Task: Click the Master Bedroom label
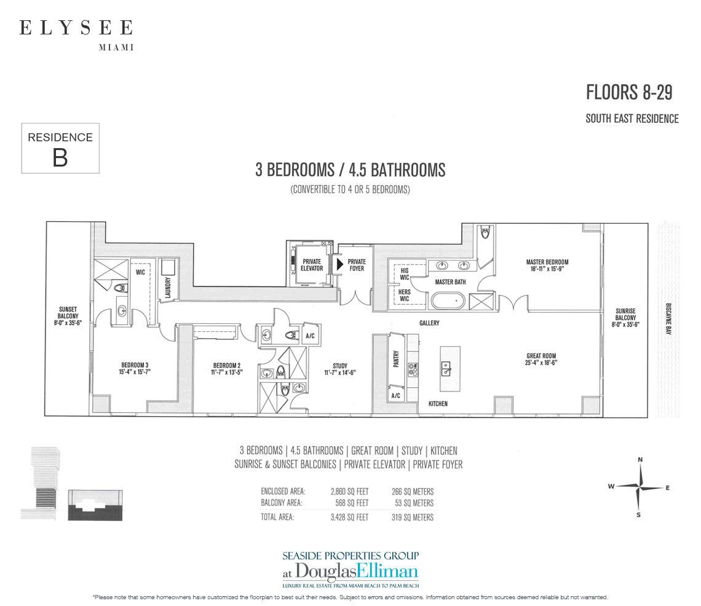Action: (x=547, y=266)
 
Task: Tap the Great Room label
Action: (x=541, y=360)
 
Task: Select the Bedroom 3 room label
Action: (x=135, y=368)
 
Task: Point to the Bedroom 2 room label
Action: (x=227, y=369)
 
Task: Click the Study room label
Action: (x=340, y=369)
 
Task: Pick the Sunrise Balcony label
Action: (x=625, y=318)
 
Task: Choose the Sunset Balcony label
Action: (x=68, y=316)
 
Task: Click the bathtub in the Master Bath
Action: (x=448, y=301)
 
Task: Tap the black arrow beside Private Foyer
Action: (x=340, y=264)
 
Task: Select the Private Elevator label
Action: (x=312, y=265)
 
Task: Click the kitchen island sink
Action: (x=446, y=369)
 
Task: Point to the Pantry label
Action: (x=395, y=359)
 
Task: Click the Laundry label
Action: (x=168, y=288)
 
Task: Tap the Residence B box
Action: (x=60, y=148)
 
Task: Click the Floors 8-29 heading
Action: (x=629, y=93)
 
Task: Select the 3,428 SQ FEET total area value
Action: (x=350, y=517)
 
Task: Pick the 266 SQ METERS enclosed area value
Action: (x=413, y=492)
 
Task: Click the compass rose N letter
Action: (x=640, y=460)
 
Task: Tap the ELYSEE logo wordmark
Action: (x=76, y=28)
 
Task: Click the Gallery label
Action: (x=429, y=323)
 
